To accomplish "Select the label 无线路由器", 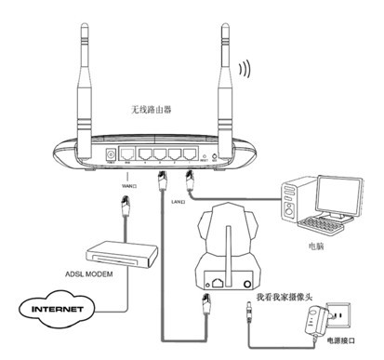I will [152, 110].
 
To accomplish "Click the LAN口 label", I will [177, 201].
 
